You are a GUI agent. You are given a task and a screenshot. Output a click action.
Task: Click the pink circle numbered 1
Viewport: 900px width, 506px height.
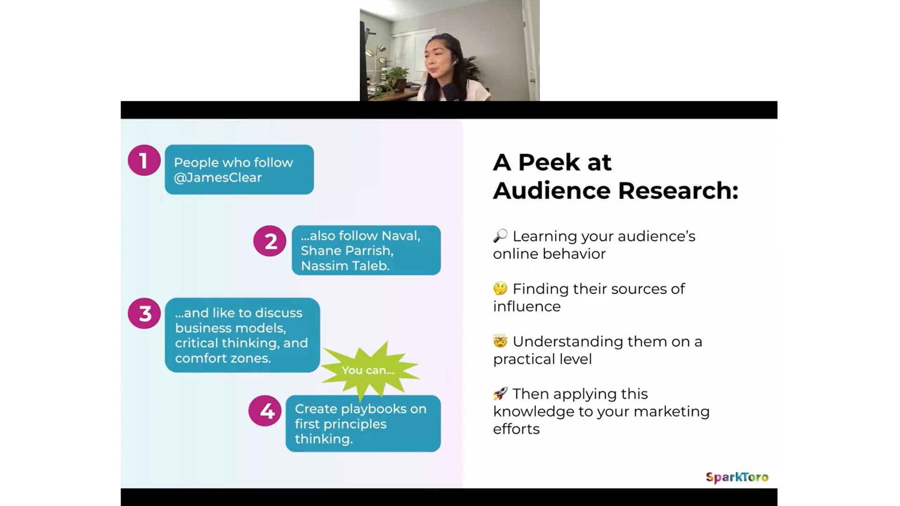tap(144, 160)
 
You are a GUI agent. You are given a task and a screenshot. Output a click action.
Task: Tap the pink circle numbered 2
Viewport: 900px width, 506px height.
tap(270, 241)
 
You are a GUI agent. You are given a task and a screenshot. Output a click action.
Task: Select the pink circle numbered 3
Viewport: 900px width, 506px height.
tap(144, 313)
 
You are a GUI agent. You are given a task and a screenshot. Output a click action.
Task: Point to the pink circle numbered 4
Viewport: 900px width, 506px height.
tap(265, 411)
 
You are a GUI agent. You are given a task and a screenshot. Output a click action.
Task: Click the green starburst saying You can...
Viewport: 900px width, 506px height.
tap(368, 370)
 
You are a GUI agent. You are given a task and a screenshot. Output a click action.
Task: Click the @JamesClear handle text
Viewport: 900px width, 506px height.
tap(218, 178)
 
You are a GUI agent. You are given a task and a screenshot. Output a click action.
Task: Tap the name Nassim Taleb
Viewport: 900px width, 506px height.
tap(345, 266)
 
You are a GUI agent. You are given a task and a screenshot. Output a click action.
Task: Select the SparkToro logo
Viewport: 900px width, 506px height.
tap(737, 477)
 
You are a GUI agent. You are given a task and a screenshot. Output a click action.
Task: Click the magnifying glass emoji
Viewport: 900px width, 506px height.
tap(500, 235)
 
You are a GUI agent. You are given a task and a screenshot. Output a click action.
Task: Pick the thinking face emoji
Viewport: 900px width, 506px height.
tap(500, 288)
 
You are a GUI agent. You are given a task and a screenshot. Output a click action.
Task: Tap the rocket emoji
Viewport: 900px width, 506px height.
tap(500, 394)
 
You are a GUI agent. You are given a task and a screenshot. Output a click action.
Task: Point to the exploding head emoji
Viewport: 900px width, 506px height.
tap(500, 341)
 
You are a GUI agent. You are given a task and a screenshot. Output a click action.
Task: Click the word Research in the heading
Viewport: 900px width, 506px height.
tap(678, 190)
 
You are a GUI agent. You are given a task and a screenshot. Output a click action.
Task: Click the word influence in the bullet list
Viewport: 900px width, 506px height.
tap(527, 306)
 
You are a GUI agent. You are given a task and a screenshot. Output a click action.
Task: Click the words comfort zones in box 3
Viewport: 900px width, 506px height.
tap(223, 358)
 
